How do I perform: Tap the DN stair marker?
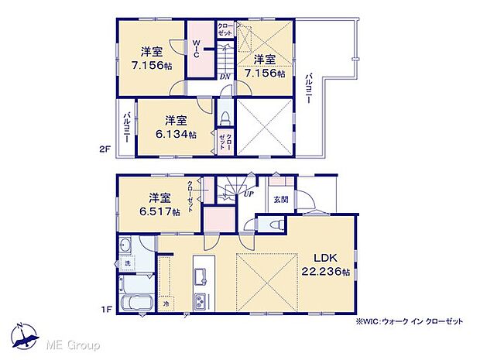(x=225, y=76)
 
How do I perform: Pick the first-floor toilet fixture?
(x=272, y=225)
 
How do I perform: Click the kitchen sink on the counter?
(x=200, y=273)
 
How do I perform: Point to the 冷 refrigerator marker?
(x=166, y=305)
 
